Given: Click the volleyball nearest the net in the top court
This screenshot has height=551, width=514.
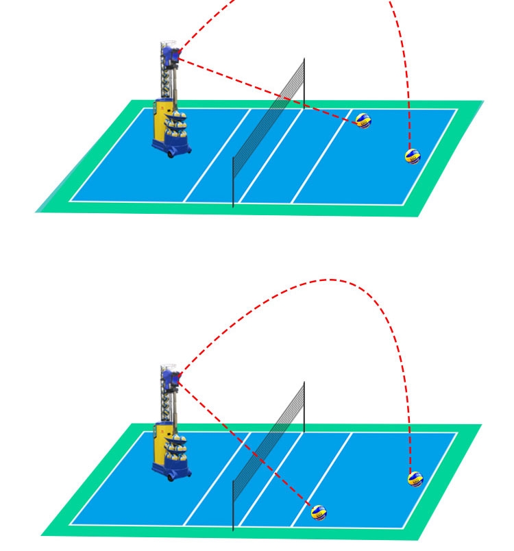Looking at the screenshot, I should point(363,121).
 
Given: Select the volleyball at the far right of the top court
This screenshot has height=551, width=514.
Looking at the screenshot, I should point(412,156).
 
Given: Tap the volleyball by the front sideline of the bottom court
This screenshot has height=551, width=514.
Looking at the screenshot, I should point(318,512).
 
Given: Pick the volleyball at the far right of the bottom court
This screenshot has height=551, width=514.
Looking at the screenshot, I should point(415,478).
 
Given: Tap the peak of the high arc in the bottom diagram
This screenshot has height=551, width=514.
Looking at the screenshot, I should point(330,280).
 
